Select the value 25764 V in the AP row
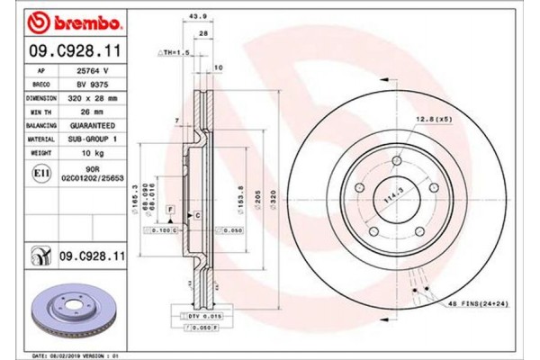pos(92,68)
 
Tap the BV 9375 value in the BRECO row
pos(92,83)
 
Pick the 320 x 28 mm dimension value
pos(93,97)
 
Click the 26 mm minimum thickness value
pos(92,112)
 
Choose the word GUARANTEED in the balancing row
pos(93,126)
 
